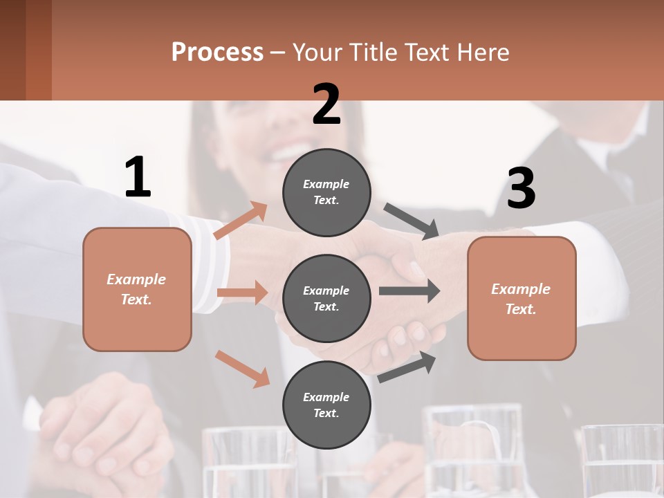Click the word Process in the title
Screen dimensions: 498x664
(217, 53)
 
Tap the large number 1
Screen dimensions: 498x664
(138, 178)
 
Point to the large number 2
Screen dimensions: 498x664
(326, 104)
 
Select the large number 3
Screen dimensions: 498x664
(521, 189)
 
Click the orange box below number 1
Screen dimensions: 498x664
(137, 289)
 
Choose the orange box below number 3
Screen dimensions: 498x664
(522, 298)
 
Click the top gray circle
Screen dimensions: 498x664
(326, 192)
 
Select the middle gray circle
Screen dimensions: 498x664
(326, 298)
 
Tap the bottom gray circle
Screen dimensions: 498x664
(326, 405)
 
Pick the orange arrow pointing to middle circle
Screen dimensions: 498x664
(242, 293)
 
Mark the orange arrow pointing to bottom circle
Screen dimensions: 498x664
(242, 369)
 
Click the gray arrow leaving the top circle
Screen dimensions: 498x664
(412, 222)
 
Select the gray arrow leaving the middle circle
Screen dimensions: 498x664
(409, 290)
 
